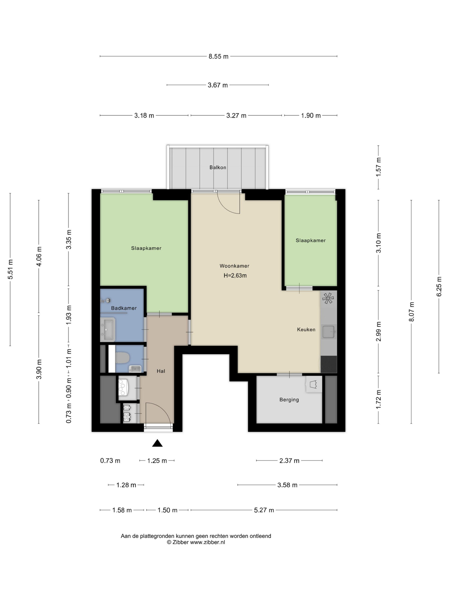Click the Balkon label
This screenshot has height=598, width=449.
pyautogui.click(x=217, y=167)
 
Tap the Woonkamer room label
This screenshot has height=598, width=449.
pyautogui.click(x=234, y=266)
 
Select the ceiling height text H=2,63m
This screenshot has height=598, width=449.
pyautogui.click(x=235, y=275)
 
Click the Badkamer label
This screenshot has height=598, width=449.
pyautogui.click(x=124, y=308)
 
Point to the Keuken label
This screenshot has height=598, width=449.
pyautogui.click(x=306, y=329)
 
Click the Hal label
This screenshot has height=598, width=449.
pyautogui.click(x=161, y=371)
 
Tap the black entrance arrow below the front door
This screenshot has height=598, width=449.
pyautogui.click(x=157, y=443)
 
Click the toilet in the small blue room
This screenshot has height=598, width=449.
pyautogui.click(x=122, y=358)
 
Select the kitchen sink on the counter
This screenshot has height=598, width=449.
pyautogui.click(x=329, y=331)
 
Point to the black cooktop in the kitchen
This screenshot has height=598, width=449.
pyautogui.click(x=329, y=364)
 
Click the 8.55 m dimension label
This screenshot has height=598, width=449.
pyautogui.click(x=218, y=57)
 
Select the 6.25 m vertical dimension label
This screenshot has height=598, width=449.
pyautogui.click(x=439, y=287)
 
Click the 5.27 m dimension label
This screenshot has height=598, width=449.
pyautogui.click(x=264, y=510)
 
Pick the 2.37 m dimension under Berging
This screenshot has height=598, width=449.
pyautogui.click(x=289, y=461)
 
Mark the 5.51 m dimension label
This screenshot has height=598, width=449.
pyautogui.click(x=10, y=269)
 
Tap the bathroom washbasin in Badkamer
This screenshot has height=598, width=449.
pyautogui.click(x=108, y=330)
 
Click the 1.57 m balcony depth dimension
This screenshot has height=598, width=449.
pyautogui.click(x=378, y=167)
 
